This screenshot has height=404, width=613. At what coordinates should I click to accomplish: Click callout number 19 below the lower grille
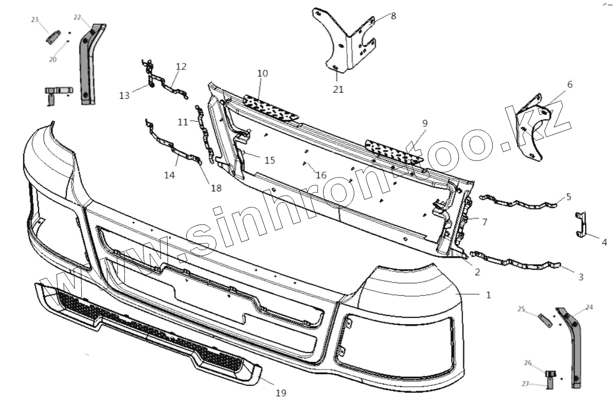point(280,393)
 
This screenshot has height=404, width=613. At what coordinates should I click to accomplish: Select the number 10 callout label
point(262,74)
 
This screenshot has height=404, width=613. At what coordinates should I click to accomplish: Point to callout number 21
point(338,89)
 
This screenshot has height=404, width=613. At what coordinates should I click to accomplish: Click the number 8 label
point(393,16)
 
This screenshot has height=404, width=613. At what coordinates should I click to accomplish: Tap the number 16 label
point(321,175)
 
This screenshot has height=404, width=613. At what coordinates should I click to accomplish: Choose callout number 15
point(269,160)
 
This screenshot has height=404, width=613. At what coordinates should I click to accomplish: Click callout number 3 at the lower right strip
point(581,277)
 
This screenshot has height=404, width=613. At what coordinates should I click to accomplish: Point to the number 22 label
point(77,17)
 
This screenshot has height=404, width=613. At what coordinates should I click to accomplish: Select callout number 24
point(589,307)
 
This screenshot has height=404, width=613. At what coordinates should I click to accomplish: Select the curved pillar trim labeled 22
point(88,64)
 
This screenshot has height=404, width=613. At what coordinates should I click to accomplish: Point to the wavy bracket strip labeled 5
point(519,203)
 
